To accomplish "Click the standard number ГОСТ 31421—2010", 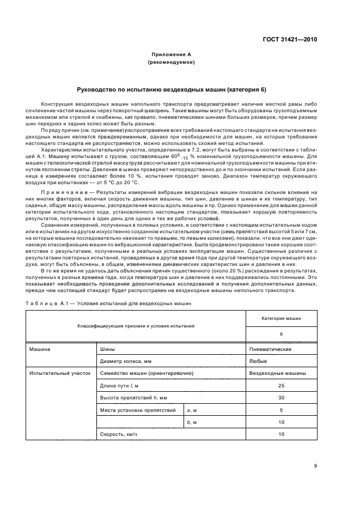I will (x=289, y=40).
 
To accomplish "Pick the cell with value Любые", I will (x=259, y=361).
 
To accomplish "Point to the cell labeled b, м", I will (x=192, y=422).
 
